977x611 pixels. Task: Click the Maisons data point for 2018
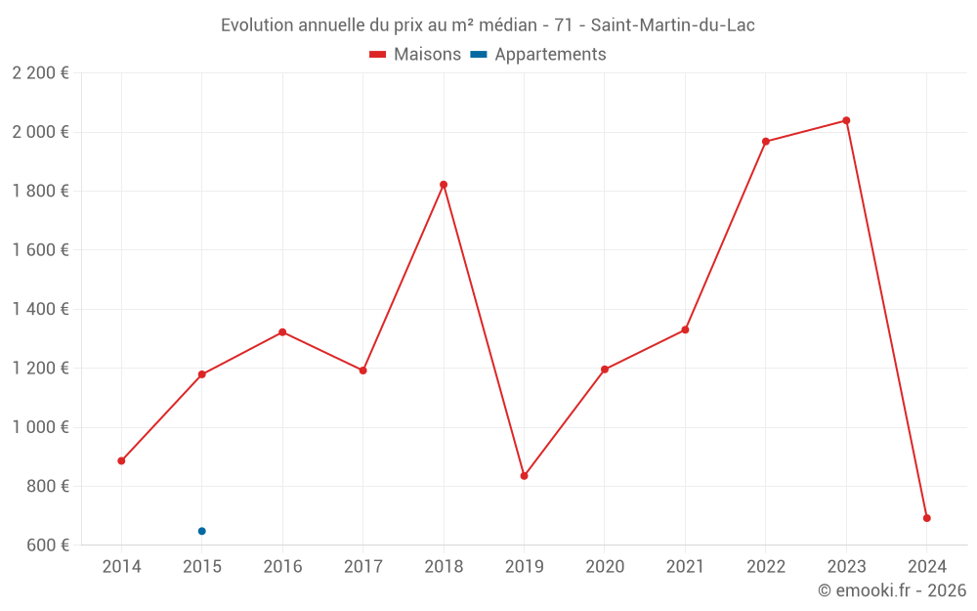coord(444,185)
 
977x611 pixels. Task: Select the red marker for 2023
coord(846,120)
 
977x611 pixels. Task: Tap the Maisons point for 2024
coord(926,518)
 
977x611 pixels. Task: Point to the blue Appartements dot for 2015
coord(202,531)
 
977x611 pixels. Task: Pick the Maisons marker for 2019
coord(524,476)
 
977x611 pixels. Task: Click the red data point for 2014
coord(121,460)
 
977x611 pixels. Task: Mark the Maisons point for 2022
coord(766,142)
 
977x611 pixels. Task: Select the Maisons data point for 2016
coord(282,332)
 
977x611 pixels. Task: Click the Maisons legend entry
coord(414,55)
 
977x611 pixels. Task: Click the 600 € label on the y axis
coord(47,546)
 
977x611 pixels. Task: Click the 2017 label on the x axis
coord(362,567)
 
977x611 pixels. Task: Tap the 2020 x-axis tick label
coord(604,567)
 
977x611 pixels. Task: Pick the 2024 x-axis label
coord(926,567)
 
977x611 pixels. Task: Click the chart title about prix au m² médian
coord(488,25)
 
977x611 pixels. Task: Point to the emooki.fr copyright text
coord(891,590)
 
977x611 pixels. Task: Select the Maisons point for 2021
coord(685,329)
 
